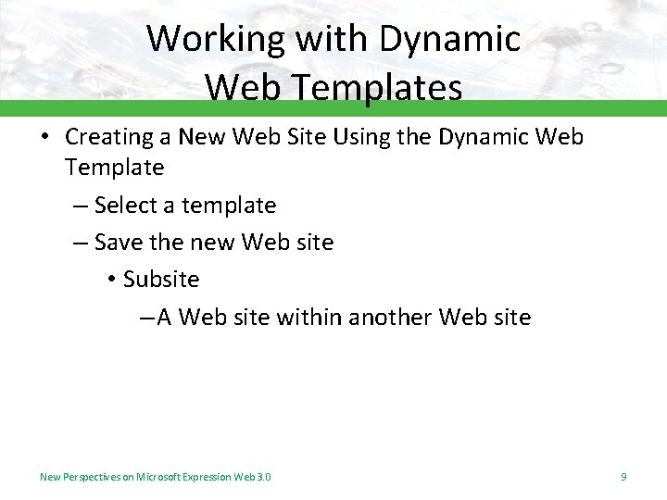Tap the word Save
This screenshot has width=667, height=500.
[x=119, y=243]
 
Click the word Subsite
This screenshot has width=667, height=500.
[x=161, y=280]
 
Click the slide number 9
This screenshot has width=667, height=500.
[x=623, y=477]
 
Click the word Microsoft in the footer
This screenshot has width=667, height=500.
[x=159, y=477]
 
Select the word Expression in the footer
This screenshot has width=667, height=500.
[x=208, y=477]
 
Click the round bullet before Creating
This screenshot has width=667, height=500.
[x=44, y=138]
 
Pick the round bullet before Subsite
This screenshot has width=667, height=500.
[x=109, y=281]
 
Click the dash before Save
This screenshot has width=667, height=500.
[x=80, y=243]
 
